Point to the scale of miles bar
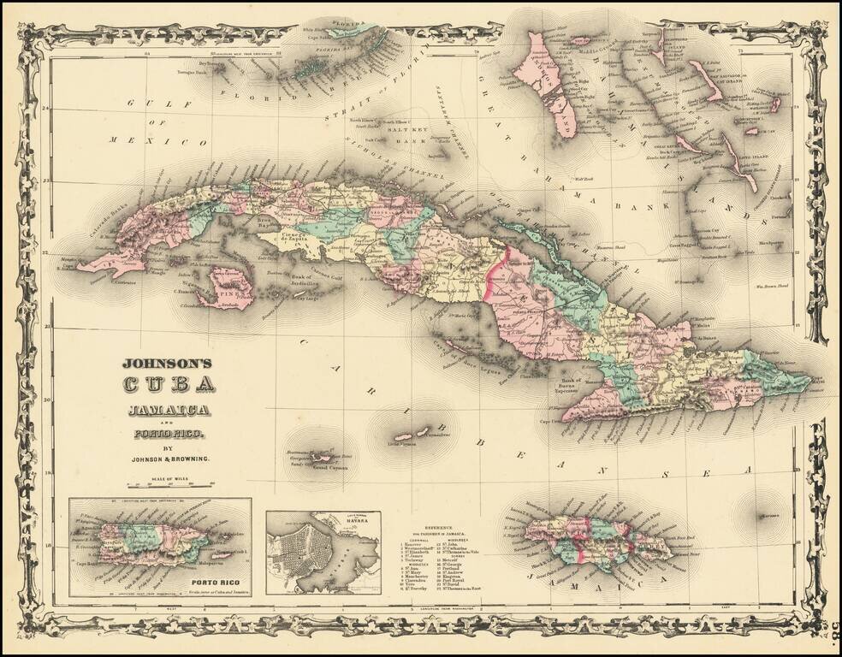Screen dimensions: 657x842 [168, 485]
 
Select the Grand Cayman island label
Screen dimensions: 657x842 [321, 469]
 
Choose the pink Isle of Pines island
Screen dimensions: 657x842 [231, 286]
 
